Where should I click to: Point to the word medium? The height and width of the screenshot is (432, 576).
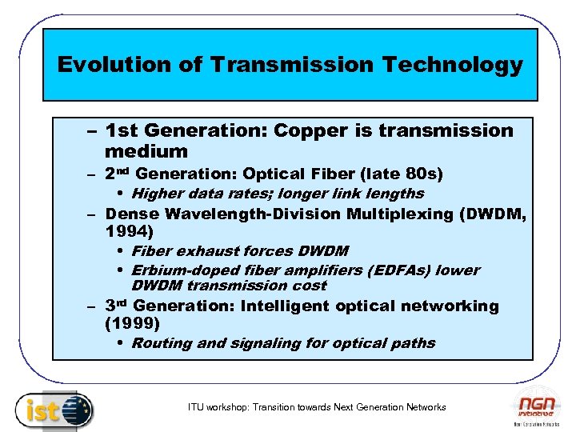(146, 151)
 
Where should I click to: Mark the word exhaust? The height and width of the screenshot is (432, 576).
(202, 251)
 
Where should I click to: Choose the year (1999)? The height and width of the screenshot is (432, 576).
(132, 324)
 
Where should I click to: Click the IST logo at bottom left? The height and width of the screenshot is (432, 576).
(54, 410)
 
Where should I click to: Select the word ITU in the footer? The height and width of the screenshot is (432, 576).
(197, 407)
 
